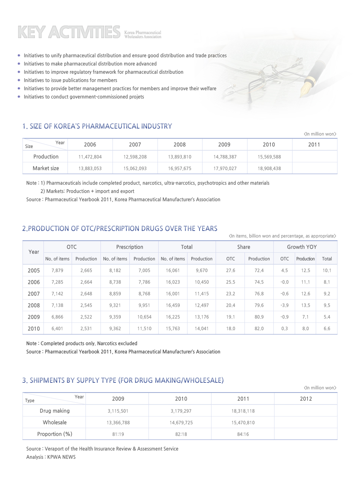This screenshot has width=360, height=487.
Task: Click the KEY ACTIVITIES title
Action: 69,32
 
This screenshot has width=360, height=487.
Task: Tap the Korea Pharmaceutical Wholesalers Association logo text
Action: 142,34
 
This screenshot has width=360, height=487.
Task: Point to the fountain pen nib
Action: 307,89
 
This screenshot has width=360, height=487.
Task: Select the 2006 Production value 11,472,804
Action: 90,157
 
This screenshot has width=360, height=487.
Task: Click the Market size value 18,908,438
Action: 269,169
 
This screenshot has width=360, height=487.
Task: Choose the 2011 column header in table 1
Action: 314,145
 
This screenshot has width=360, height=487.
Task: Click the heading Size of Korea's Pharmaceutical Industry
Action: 97,126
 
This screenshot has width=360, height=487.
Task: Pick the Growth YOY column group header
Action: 301,247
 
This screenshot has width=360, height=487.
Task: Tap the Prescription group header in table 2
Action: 129,247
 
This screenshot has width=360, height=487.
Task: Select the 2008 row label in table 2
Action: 34,306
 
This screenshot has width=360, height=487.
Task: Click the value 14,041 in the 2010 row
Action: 202,329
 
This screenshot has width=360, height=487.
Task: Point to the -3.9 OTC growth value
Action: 285,306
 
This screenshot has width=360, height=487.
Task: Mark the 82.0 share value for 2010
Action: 259,329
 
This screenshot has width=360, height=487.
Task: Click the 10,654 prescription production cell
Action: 144,317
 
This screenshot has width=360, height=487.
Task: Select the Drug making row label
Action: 55,411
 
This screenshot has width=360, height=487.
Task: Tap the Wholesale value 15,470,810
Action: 243,423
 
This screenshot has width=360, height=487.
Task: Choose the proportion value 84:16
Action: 243,435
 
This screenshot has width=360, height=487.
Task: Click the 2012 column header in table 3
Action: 306,399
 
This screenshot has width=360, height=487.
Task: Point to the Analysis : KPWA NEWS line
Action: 51,457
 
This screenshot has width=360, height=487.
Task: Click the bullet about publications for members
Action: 70,80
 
